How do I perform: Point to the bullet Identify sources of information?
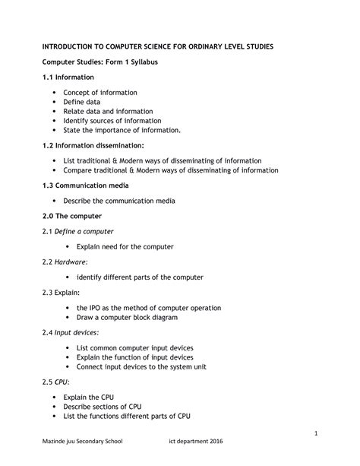coord(118,120)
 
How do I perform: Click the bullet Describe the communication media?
coord(125,201)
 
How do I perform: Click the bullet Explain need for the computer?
coord(125,246)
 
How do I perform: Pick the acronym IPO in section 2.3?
coord(97,308)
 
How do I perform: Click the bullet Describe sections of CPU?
coord(109,407)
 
